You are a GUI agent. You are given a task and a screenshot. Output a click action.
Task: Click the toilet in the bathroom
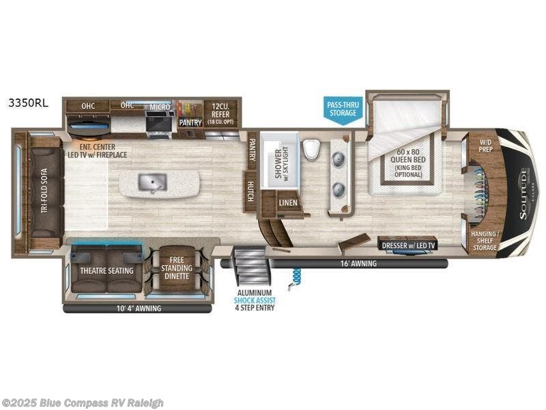click(311, 150)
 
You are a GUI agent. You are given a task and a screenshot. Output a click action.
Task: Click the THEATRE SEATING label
click(106, 270)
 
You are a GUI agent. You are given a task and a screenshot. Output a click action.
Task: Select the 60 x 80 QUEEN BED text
click(403, 161)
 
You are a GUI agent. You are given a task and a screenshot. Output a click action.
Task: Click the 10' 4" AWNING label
click(139, 308)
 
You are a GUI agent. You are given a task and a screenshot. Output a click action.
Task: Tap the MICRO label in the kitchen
click(160, 107)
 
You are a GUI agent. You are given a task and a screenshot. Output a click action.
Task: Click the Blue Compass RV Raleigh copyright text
click(83, 402)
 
